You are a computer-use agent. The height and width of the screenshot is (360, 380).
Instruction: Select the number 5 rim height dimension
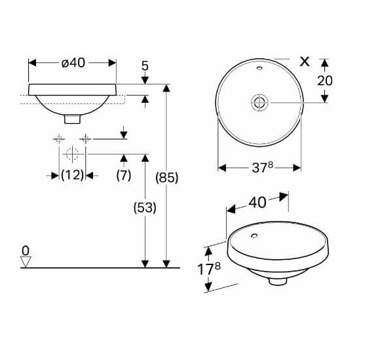(145, 65)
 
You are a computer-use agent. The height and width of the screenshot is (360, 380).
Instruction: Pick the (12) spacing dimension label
(72, 175)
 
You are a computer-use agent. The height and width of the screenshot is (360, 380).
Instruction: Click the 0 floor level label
(26, 249)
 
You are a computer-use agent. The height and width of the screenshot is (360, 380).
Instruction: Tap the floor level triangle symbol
(26, 261)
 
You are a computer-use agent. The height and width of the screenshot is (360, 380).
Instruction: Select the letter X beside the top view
(303, 62)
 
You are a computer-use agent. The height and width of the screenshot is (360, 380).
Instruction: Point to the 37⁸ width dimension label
(259, 168)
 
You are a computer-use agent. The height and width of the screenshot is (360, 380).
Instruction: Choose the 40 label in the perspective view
(257, 202)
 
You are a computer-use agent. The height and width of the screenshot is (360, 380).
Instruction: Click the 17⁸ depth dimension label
(209, 269)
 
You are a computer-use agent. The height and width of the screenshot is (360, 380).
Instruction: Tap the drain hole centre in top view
(259, 101)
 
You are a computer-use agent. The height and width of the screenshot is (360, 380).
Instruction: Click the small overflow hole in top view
(259, 67)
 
